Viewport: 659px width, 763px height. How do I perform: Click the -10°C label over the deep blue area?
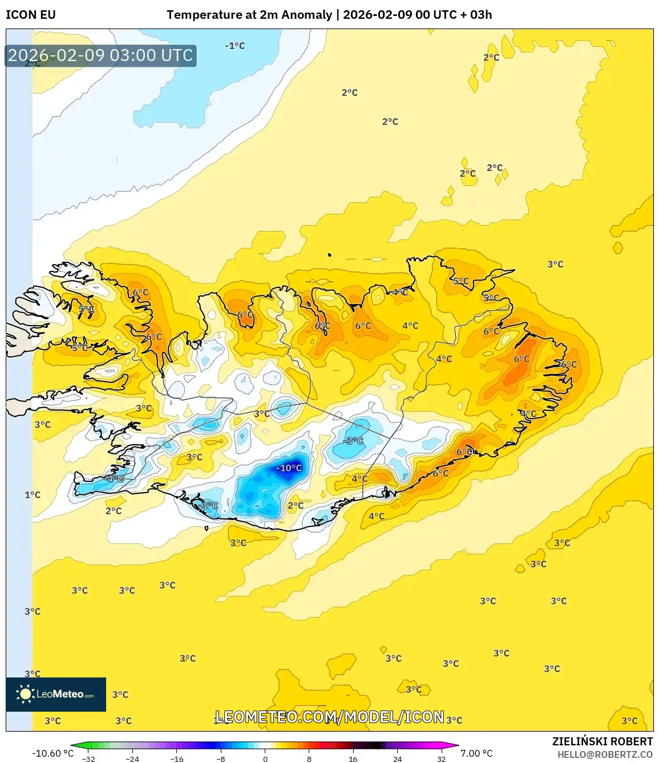pyautogui.click(x=289, y=468)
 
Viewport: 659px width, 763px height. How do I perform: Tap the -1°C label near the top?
pyautogui.click(x=235, y=46)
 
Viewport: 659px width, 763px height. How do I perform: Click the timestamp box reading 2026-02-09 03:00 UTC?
pyautogui.click(x=100, y=55)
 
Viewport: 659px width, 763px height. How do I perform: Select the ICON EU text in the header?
pyautogui.click(x=31, y=15)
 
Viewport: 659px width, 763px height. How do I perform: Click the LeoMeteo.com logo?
pyautogui.click(x=56, y=694)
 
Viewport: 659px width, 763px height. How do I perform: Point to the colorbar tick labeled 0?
pyautogui.click(x=265, y=758)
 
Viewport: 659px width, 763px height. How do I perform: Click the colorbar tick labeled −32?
pyautogui.click(x=88, y=758)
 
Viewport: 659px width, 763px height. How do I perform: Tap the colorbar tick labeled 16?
pyautogui.click(x=353, y=758)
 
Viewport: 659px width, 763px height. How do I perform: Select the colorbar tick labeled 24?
pyautogui.click(x=397, y=758)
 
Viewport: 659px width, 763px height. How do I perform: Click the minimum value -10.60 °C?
pyautogui.click(x=52, y=753)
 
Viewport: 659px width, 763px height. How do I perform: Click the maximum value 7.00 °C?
pyautogui.click(x=476, y=753)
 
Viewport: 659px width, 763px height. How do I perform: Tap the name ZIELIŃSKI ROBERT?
pyautogui.click(x=602, y=741)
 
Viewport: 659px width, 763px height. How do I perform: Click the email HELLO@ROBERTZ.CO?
pyautogui.click(x=605, y=754)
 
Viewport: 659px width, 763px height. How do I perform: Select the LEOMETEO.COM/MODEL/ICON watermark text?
pyautogui.click(x=330, y=717)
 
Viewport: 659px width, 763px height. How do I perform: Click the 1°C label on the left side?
pyautogui.click(x=33, y=495)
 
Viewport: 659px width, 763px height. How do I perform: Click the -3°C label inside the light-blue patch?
pyautogui.click(x=353, y=441)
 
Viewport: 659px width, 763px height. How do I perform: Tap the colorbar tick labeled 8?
pyautogui.click(x=309, y=758)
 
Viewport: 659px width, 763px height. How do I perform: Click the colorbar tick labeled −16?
pyautogui.click(x=176, y=758)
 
